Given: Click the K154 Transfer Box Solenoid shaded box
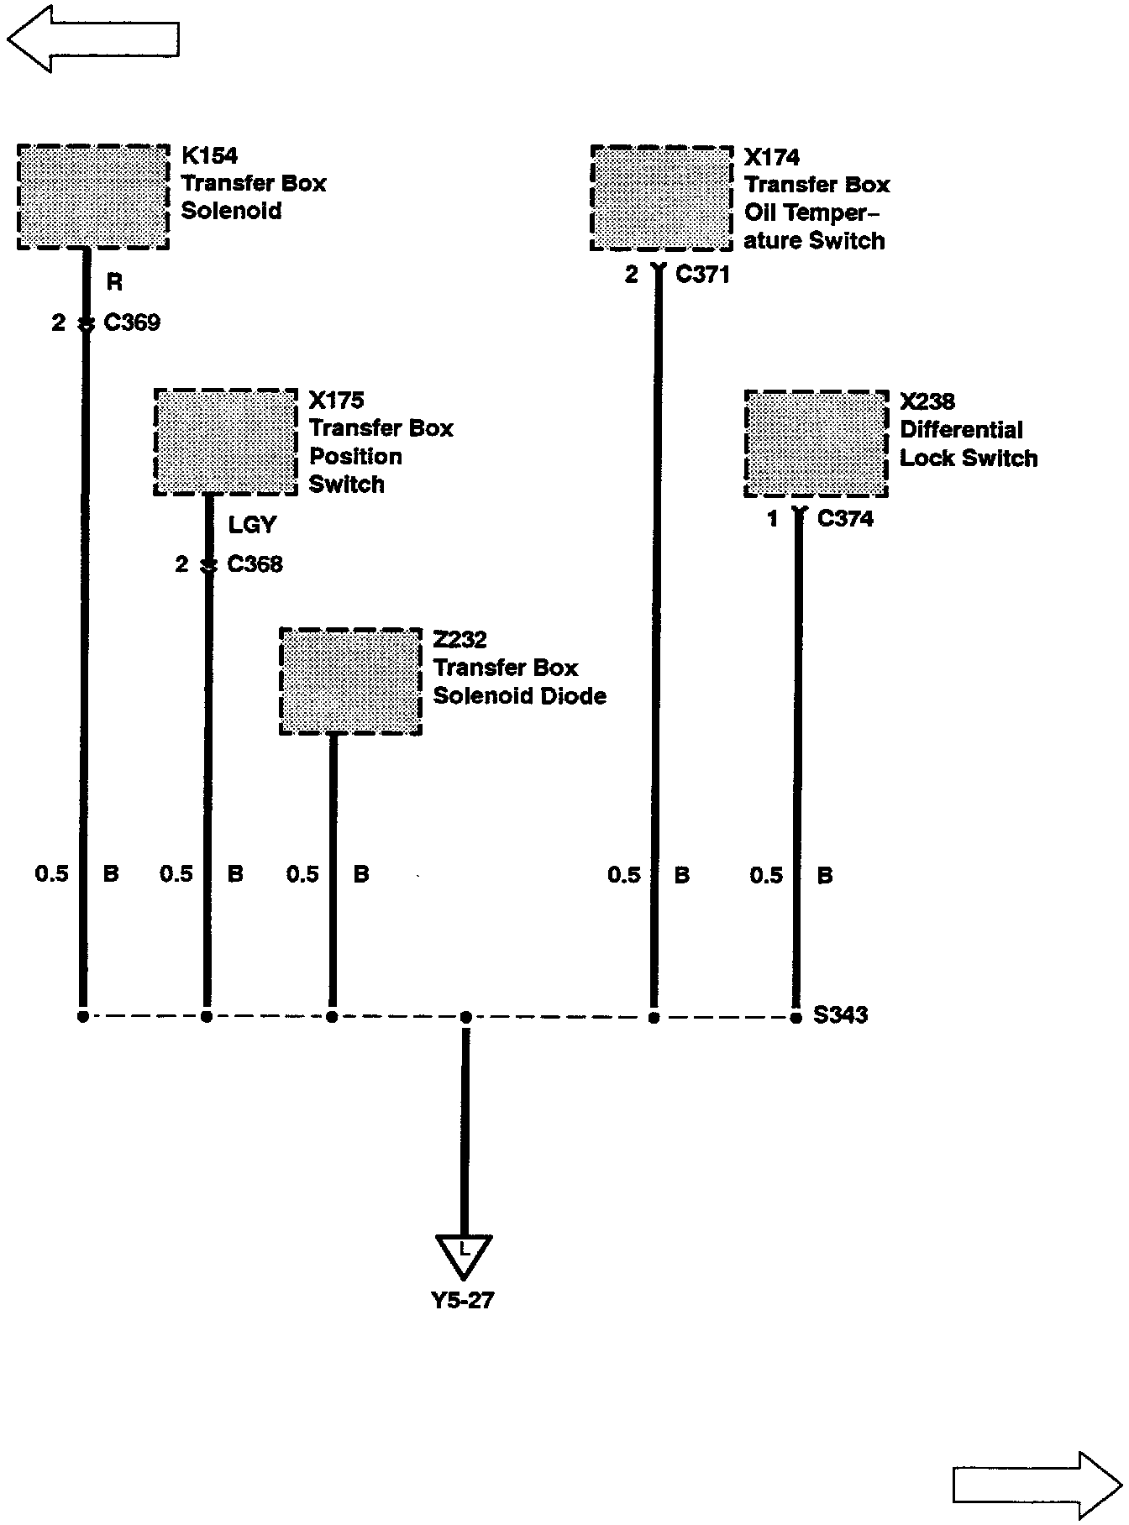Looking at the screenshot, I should [x=93, y=197].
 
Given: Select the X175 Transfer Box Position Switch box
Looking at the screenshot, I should [x=226, y=442].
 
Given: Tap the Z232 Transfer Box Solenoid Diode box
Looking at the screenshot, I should [x=350, y=681].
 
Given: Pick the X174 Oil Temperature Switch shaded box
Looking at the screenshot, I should [x=662, y=198].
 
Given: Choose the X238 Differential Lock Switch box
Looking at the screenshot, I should [x=817, y=443].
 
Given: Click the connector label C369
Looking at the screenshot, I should [x=132, y=322].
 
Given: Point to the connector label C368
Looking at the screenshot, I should [x=255, y=564].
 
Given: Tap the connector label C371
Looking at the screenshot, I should [x=702, y=274].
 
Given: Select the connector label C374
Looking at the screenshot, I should [x=845, y=519].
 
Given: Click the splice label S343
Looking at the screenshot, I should [x=841, y=1015].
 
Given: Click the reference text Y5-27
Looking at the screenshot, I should [x=462, y=1301].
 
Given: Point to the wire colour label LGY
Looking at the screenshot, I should [x=252, y=525].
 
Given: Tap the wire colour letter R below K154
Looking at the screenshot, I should [x=114, y=283].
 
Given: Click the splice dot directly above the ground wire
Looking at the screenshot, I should [x=466, y=1017].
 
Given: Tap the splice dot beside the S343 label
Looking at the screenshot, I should [x=796, y=1018].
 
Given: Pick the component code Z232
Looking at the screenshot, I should [x=459, y=640].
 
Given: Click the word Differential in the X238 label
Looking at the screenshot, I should [x=962, y=430].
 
